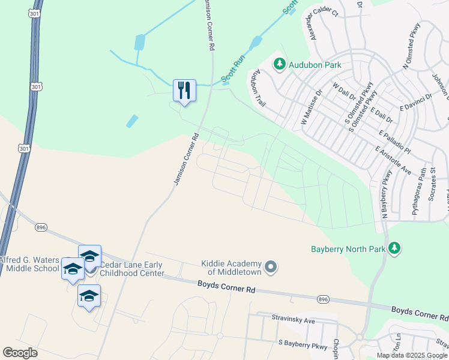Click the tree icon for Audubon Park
279,64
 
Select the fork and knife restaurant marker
184,91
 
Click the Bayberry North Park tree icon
394,247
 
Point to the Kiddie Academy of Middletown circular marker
271,266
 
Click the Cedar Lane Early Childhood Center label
131,269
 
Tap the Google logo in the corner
20,353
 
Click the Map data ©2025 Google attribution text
412,355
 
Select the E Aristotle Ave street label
394,160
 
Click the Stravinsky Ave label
293,321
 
